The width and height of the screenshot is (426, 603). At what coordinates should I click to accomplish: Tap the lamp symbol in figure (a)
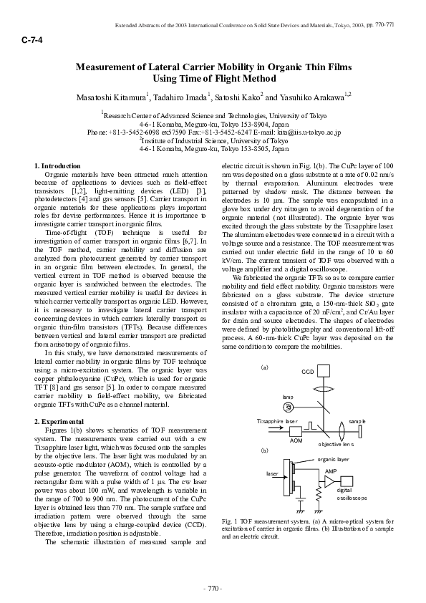point(288,406)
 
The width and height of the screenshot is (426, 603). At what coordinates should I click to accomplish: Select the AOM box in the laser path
point(296,431)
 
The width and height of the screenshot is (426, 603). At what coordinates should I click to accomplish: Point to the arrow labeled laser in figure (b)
point(281,478)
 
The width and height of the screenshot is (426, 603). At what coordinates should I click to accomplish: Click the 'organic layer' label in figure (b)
point(333,458)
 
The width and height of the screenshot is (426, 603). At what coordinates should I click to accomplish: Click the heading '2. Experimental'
point(59,421)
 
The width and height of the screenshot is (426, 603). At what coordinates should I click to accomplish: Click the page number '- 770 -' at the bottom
point(213,589)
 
